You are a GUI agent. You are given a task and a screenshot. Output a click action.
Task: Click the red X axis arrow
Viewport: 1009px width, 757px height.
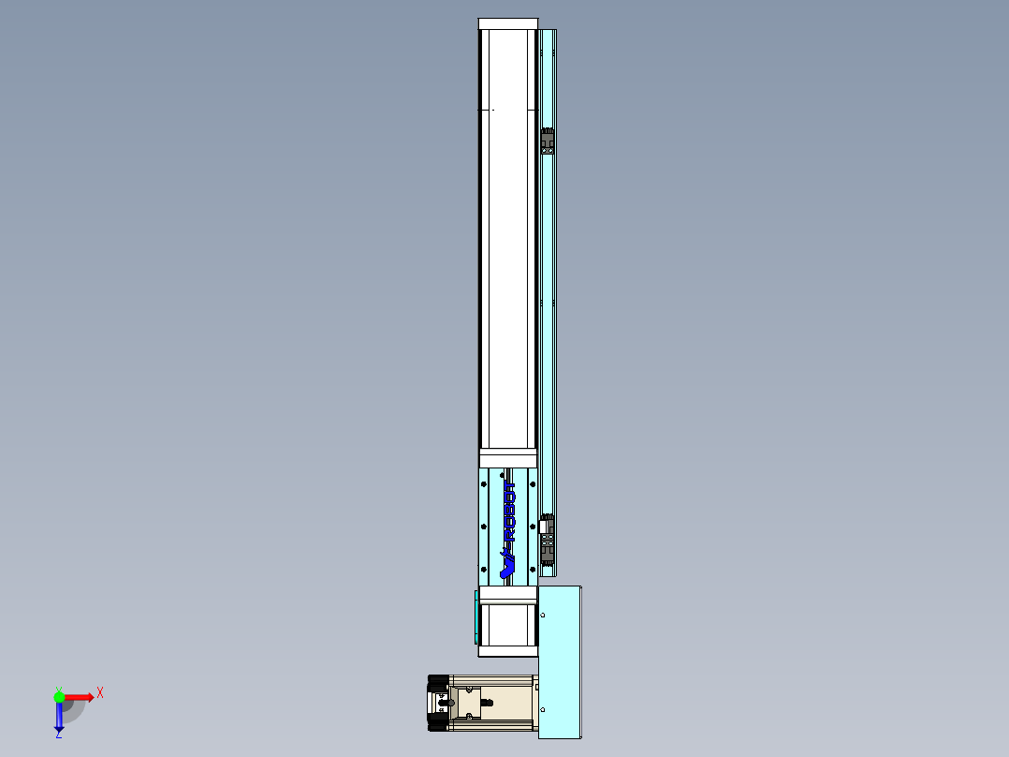80,697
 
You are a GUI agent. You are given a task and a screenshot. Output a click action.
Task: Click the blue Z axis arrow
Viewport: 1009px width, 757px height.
59,718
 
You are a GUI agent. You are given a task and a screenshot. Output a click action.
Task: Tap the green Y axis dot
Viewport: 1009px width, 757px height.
59,696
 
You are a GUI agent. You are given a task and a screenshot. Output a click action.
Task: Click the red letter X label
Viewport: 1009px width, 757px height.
100,693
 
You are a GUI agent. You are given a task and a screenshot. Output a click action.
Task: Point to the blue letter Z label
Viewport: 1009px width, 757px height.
58,735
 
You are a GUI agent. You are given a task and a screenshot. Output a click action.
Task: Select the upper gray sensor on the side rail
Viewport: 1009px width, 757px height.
548,141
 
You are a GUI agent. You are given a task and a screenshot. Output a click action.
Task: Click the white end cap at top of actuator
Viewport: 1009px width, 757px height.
508,23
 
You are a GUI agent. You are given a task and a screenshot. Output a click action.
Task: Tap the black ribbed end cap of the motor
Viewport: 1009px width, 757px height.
437,703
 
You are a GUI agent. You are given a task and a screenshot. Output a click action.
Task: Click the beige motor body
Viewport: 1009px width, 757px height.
491,703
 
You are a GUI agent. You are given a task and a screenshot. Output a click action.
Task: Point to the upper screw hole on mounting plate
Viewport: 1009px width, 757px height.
544,615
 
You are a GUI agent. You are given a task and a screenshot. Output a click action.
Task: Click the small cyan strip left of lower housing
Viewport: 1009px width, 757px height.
476,616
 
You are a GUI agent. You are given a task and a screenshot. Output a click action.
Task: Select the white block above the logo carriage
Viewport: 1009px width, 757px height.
508,458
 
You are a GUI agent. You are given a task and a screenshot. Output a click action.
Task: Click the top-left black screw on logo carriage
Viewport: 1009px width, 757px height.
484,484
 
